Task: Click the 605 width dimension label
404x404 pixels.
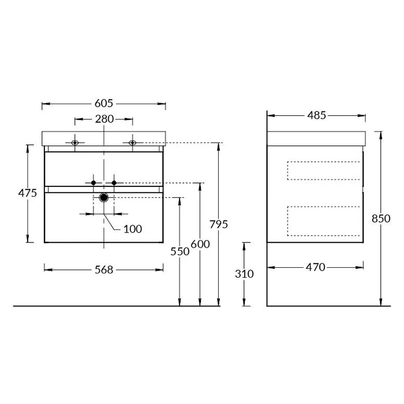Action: (x=104, y=103)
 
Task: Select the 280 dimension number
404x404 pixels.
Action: (x=104, y=119)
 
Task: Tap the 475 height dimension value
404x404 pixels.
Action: (x=28, y=193)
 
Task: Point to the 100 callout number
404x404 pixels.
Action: (x=133, y=229)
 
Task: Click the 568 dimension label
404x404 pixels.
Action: (x=104, y=270)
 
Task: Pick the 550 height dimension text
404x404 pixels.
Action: (x=180, y=252)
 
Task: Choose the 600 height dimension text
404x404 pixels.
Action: (x=200, y=244)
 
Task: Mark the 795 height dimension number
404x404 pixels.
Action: (x=219, y=225)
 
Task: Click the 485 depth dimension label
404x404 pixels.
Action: (x=317, y=115)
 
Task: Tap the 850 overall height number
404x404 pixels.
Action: (x=381, y=219)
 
